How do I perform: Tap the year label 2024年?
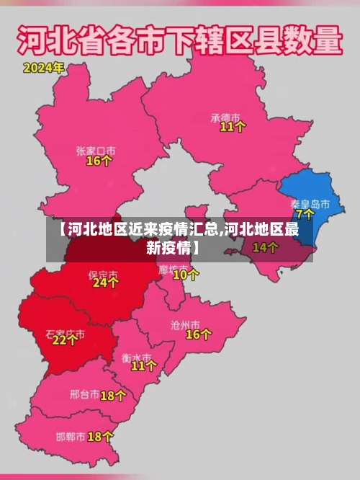[x=43, y=69]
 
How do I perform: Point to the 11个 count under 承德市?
[x=233, y=127]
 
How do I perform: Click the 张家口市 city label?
[x=96, y=151]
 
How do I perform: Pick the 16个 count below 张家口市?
[x=99, y=161]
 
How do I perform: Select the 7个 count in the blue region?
[x=305, y=215]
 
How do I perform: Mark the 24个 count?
[x=105, y=284]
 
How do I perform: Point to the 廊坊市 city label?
[x=172, y=268]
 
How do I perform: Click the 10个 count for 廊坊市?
[x=186, y=275]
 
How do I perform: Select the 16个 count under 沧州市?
[x=199, y=334]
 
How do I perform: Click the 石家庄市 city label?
[x=65, y=334]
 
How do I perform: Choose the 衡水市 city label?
[x=136, y=357]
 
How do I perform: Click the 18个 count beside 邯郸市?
[x=100, y=437]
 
